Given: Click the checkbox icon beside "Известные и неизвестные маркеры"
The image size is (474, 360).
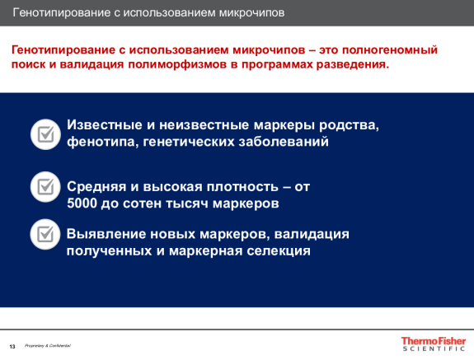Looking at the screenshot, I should (45, 133).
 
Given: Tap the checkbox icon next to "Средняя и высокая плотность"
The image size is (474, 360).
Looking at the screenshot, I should (45, 187).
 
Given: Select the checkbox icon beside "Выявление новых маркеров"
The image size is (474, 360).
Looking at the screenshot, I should (45, 235).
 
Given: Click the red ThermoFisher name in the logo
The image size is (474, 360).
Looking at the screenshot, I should (432, 340).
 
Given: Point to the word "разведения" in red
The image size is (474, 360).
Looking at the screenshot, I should (352, 63).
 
